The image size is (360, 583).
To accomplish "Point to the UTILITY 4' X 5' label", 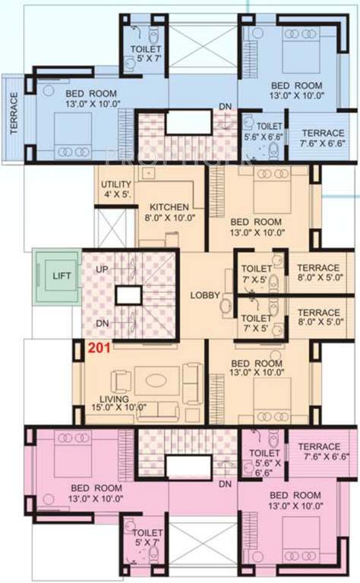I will pyautogui.click(x=116, y=189).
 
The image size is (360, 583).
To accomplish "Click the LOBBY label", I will pyautogui.click(x=205, y=295).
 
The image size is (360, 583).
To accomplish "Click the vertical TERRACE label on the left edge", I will pyautogui.click(x=13, y=114).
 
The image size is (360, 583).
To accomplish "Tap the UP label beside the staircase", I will pyautogui.click(x=102, y=269).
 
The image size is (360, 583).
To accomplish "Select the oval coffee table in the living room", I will pyautogui.click(x=159, y=379).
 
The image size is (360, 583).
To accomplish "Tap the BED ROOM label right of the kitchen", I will pyautogui.click(x=256, y=226).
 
